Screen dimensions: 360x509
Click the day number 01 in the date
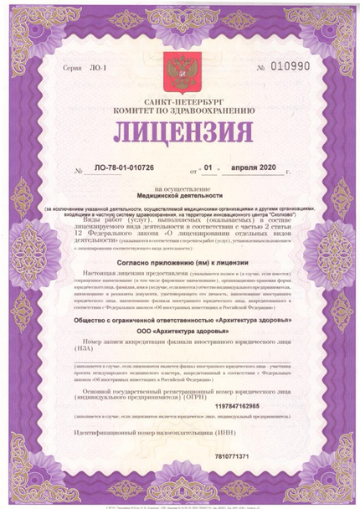tap(210, 170)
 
